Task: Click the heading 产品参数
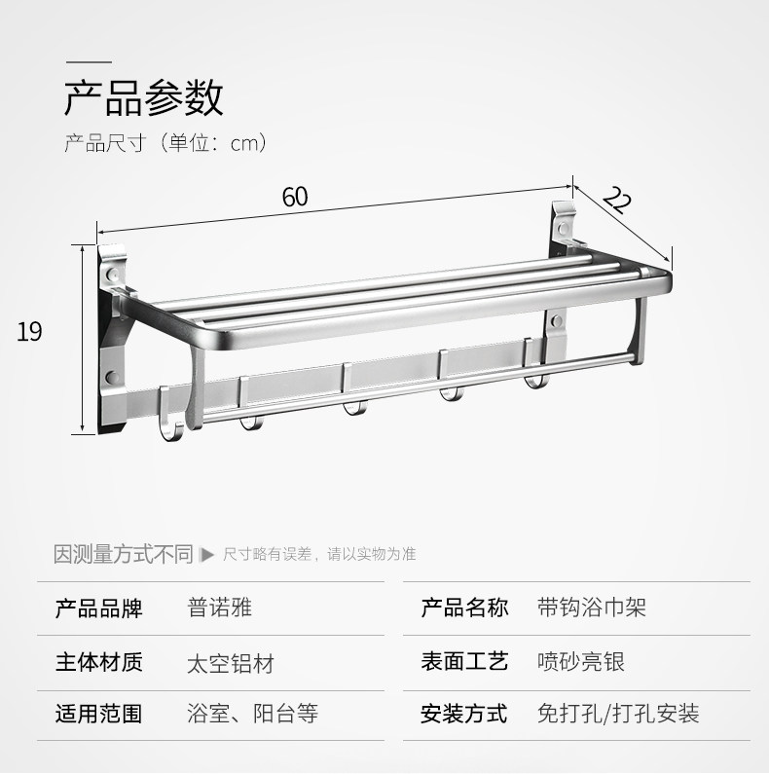pos(144,98)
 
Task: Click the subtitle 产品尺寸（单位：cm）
pos(165,143)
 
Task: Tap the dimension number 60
pos(295,196)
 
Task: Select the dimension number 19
pos(29,332)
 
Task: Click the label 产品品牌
pos(98,609)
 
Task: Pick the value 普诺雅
pos(219,609)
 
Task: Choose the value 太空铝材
pos(230,663)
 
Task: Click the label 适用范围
pos(98,714)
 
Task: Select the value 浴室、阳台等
pos(252,714)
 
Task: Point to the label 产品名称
pos(464,609)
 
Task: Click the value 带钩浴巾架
pos(591,609)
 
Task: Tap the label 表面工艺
pos(464,662)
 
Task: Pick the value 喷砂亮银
pos(580,662)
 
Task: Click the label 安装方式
pos(464,714)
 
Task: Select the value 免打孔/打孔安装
pos(618,714)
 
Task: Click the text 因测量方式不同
pos(124,554)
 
